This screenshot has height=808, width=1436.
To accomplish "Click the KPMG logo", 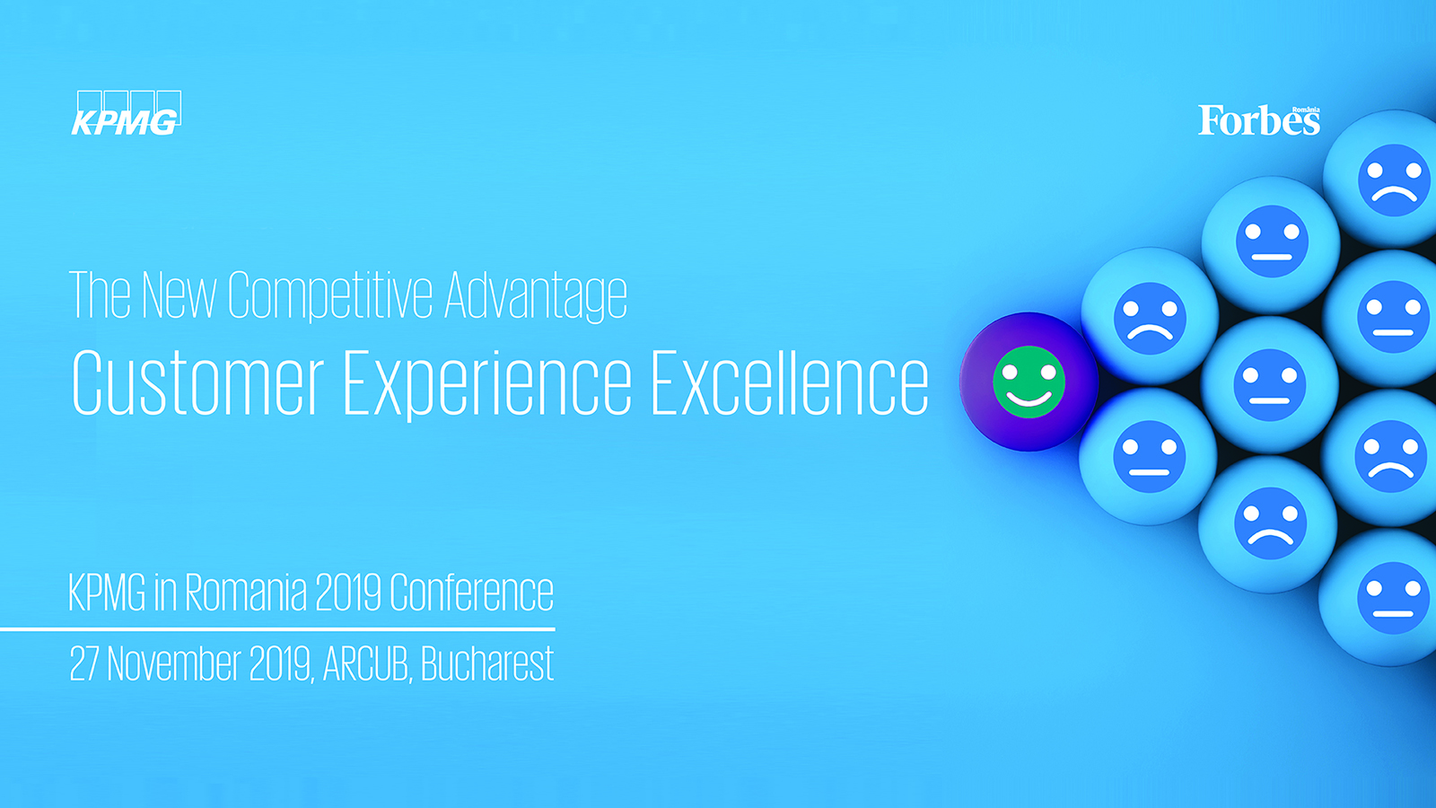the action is coord(127,113).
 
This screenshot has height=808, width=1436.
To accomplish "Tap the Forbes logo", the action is coord(1259,120).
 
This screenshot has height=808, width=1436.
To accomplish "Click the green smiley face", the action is coord(1029,382).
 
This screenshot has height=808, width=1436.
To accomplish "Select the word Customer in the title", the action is coord(197,382).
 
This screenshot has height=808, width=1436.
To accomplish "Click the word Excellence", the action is coord(790,382).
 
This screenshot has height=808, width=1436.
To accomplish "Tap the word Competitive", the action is coord(330,295).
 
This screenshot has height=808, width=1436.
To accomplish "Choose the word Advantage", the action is coord(536,295).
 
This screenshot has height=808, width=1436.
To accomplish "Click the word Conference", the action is coord(471,592).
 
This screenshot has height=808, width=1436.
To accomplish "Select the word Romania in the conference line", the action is coord(246,592).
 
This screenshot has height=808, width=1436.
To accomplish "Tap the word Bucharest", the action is coord(487,663).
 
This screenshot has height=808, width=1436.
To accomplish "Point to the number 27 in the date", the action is coord(83,663).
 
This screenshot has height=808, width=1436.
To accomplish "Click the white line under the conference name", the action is coord(277,629).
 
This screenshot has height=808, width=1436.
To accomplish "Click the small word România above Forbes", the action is coord(1306,110).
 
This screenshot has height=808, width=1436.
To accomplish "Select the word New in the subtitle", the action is coord(179,295).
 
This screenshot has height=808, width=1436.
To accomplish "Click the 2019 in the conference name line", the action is coord(348,592).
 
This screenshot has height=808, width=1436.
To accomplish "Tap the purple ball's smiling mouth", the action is coord(1029,400).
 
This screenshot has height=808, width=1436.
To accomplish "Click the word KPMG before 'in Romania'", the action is coord(107,592).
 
